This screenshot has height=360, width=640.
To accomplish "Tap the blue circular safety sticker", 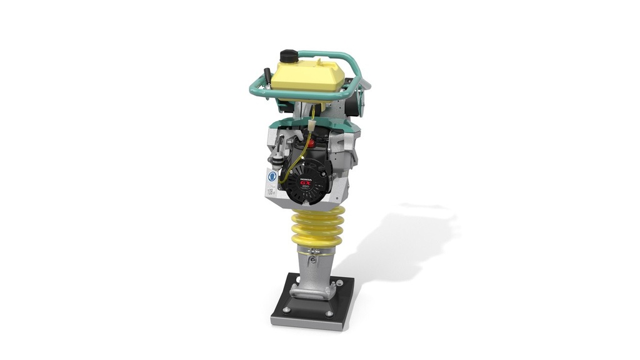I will pyautogui.click(x=272, y=176).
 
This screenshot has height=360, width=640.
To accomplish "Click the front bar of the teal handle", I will pyautogui.click(x=294, y=94).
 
